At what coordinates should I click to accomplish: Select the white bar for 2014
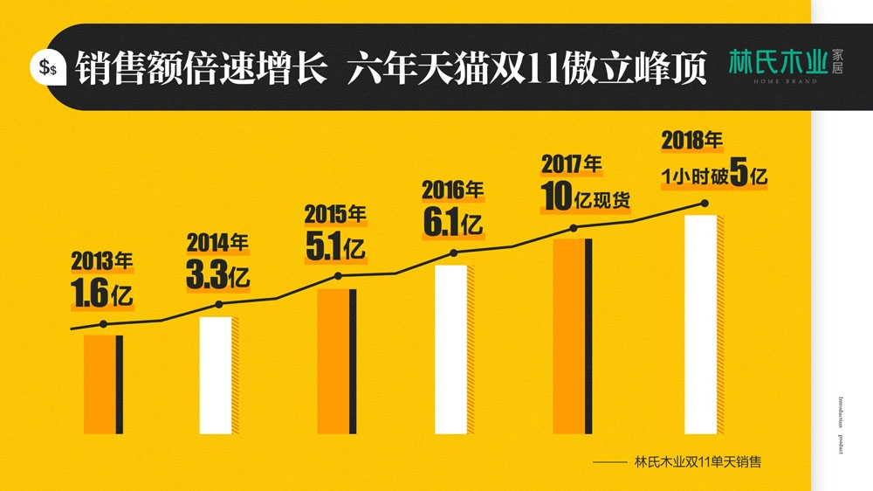click(x=216, y=375)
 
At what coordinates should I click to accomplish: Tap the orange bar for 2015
click(x=335, y=361)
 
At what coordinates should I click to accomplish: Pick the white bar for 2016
click(x=450, y=349)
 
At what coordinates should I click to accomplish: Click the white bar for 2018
click(x=700, y=324)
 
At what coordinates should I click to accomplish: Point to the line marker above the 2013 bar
click(x=104, y=324)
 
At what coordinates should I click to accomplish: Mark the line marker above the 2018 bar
click(x=704, y=204)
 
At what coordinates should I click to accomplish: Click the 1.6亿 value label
click(x=102, y=294)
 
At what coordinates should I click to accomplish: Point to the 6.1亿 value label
click(x=452, y=222)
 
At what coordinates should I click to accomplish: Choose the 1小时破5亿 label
click(x=714, y=176)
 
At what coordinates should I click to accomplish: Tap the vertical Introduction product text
click(x=841, y=425)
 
